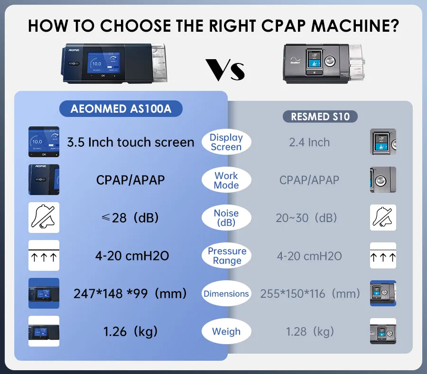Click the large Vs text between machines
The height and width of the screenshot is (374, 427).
tap(225, 70)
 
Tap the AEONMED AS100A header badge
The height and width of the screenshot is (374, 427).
tap(121, 109)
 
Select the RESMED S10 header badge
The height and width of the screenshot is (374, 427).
tap(320, 116)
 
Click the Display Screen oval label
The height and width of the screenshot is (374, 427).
tap(226, 142)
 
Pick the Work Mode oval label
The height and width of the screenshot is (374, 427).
tap(226, 180)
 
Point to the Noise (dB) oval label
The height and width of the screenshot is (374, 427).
tap(226, 218)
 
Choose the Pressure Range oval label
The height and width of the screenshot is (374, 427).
tap(226, 256)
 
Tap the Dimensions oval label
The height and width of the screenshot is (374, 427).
tap(226, 294)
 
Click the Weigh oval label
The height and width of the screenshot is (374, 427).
tap(226, 331)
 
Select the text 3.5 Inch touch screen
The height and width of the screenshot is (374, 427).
tap(131, 142)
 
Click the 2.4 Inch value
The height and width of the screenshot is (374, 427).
tap(309, 142)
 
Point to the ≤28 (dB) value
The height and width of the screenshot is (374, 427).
tap(130, 218)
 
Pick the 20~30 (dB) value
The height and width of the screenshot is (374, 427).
tap(306, 218)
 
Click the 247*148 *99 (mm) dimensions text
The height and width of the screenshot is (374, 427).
tap(130, 294)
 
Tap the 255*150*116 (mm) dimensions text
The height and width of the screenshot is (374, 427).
tap(310, 294)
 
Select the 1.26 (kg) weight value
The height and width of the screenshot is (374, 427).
tap(130, 331)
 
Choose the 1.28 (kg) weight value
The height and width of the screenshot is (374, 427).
tap(310, 331)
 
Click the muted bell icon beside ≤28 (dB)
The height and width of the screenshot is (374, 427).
tap(44, 217)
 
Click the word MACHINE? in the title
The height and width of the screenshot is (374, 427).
tap(355, 26)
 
